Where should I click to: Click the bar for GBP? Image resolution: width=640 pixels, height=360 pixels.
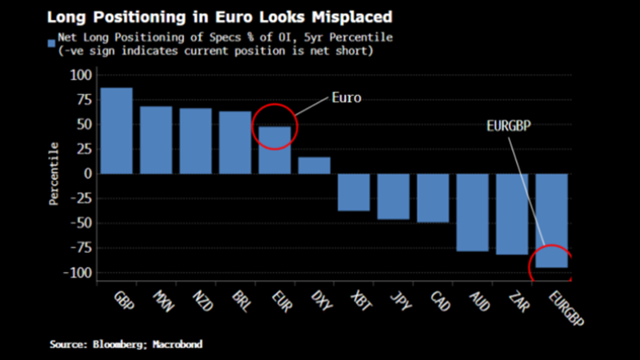[117, 130]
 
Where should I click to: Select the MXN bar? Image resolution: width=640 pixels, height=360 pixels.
[156, 140]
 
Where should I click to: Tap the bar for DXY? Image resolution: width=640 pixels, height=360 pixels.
[314, 165]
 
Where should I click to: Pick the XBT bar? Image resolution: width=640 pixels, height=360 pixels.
[354, 192]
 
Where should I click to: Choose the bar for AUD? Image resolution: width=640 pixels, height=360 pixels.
[472, 212]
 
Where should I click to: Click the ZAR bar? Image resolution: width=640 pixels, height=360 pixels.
[512, 214]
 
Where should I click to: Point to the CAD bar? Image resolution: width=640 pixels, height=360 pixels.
[433, 198]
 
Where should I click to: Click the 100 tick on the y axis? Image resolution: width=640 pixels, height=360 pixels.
[82, 74]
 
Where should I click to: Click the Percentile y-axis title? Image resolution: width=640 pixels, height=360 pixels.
[54, 174]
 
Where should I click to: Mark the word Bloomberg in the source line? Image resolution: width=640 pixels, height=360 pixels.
[120, 344]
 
